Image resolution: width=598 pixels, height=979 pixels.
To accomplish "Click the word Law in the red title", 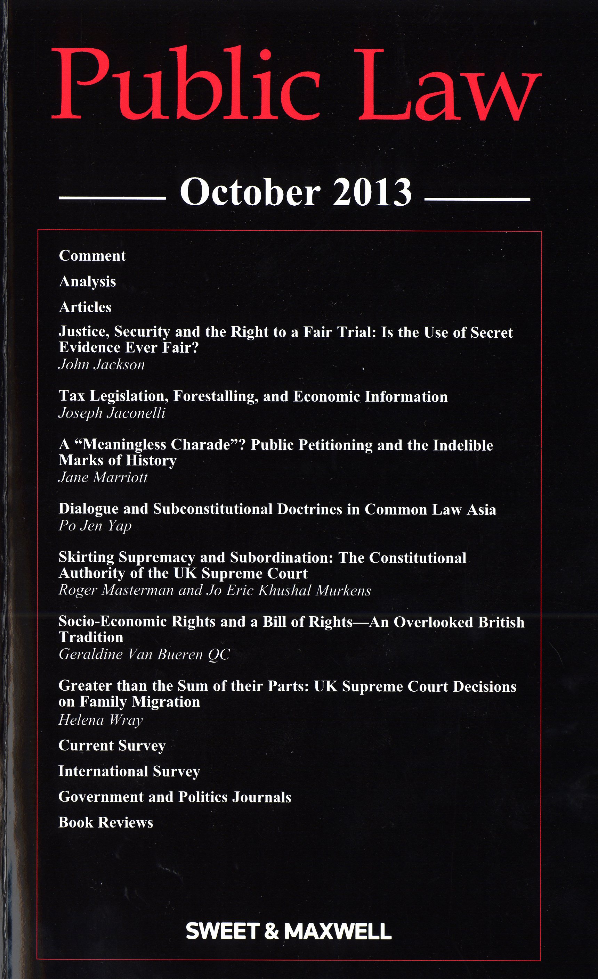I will point(449,85).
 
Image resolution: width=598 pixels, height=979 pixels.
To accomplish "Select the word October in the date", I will point(250,193).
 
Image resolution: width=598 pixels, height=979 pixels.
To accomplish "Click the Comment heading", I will point(92,256).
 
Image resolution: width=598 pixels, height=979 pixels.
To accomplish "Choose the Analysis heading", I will point(88,282).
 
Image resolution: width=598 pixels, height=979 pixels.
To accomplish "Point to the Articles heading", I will point(85,307).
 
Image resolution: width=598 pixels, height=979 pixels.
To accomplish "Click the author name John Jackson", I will point(102,365).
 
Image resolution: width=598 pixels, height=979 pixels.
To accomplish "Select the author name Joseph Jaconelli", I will point(112,413).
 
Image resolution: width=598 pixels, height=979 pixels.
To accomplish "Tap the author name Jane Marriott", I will point(103,477).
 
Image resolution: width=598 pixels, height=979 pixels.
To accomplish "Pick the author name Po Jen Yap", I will point(95,526).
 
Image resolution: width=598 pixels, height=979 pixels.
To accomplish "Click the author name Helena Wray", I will point(100,720).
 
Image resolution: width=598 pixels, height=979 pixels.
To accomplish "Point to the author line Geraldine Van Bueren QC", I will point(144,655).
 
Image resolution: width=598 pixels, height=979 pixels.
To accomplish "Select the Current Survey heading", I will point(112,746).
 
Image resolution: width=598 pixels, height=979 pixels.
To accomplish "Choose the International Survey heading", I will point(129,772).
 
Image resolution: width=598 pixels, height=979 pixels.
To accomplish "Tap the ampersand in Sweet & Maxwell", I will point(271,931).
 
